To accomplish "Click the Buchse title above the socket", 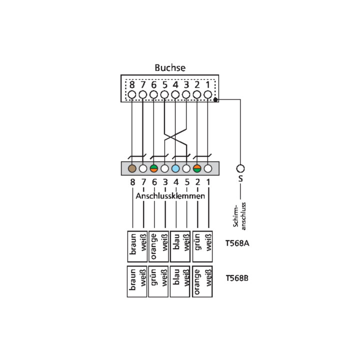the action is click(170, 67).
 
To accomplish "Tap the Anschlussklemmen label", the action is click(170, 196).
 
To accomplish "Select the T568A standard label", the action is click(237, 243).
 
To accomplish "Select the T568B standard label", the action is click(237, 278).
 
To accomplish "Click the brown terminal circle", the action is click(132, 168).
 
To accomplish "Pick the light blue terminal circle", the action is click(175, 168).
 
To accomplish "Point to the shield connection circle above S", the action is click(240, 168).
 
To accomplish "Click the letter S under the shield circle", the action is click(240, 178).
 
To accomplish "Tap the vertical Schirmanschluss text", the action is click(239, 216).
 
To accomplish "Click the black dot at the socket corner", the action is click(215, 99).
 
